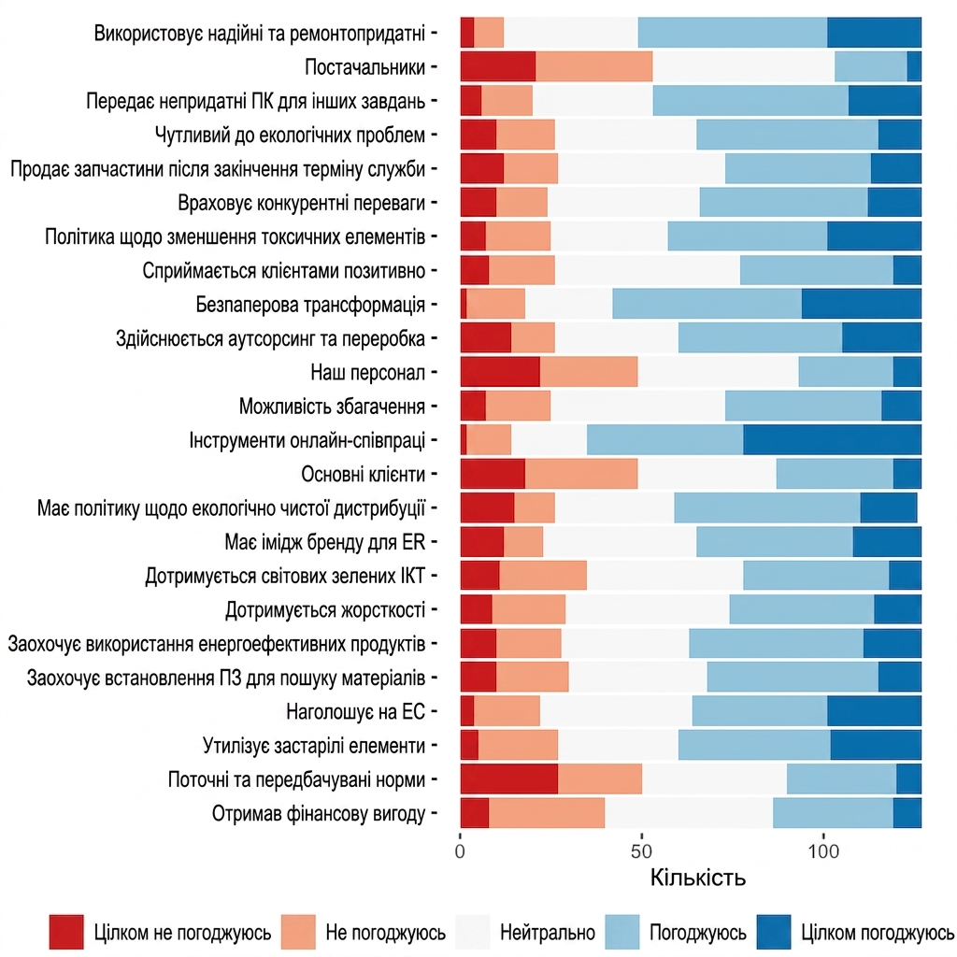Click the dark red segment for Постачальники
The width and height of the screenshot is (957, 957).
498,66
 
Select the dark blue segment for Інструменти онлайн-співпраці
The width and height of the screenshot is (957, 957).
832,440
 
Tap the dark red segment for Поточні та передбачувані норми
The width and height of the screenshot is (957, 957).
509,779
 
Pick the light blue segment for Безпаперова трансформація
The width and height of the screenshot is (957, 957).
707,304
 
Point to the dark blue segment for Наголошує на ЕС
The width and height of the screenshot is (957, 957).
874,711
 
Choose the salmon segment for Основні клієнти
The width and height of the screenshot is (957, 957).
581,474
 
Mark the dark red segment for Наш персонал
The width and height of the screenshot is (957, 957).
500,372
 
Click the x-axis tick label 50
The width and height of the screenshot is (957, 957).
641,851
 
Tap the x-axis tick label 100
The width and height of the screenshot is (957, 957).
823,851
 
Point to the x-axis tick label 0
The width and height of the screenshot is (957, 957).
460,851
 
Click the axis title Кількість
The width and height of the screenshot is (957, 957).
697,878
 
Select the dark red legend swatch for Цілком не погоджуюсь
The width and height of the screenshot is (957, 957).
66,932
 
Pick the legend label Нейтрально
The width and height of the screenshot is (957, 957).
548,933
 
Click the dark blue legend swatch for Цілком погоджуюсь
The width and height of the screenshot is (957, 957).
773,932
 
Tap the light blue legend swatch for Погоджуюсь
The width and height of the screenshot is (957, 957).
621,932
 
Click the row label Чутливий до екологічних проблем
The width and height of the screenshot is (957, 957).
290,135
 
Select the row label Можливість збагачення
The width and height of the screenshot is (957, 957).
332,406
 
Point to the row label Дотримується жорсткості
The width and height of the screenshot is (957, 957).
325,609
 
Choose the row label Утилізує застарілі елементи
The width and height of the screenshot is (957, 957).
314,746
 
